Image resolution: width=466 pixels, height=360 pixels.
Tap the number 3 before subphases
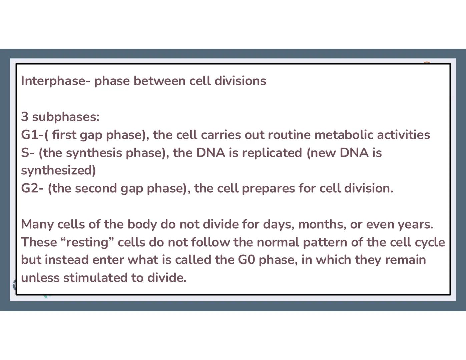[25, 117]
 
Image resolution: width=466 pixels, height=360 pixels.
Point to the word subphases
[65, 117]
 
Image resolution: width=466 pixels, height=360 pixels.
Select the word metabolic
[344, 135]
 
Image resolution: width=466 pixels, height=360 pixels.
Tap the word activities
[403, 135]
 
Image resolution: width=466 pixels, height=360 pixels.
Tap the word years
[415, 224]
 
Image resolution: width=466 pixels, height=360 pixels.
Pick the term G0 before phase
[247, 260]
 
